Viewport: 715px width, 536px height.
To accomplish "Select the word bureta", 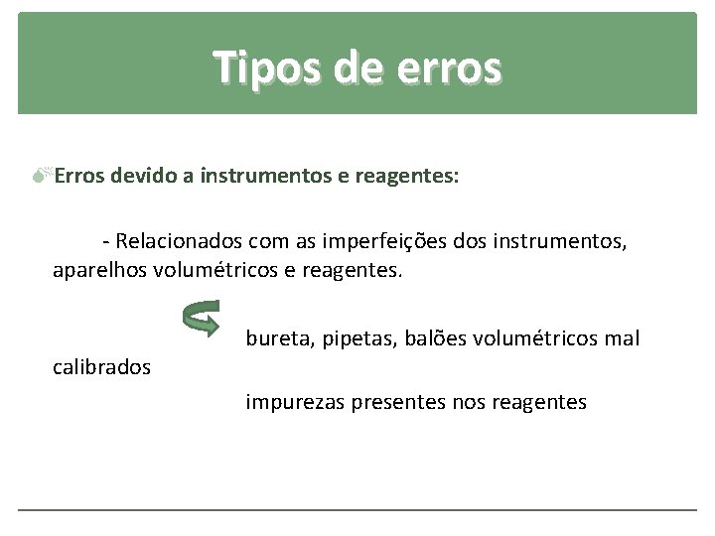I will pos(276,339).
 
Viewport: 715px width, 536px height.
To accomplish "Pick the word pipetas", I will pos(351,339).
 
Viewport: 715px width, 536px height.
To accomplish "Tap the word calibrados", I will pos(101,367).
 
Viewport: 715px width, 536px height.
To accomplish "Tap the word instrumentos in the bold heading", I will pos(267,177).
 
